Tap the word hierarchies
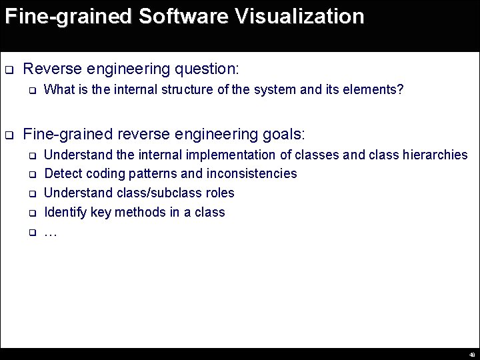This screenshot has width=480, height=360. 433,155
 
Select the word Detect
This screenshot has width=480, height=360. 61,174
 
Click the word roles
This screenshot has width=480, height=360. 220,193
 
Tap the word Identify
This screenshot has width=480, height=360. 63,213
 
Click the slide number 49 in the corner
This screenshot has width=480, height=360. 472,355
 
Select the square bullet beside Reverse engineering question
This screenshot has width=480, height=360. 9,69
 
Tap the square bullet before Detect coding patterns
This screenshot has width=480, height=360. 31,175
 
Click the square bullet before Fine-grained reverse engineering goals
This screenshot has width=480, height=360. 9,135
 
